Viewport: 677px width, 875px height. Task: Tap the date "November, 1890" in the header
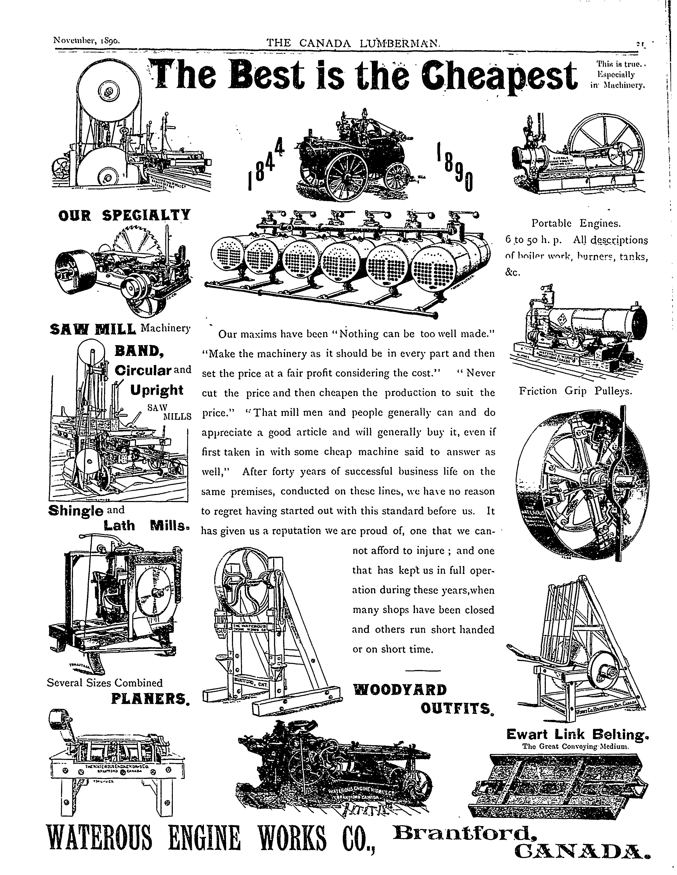[87, 41]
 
